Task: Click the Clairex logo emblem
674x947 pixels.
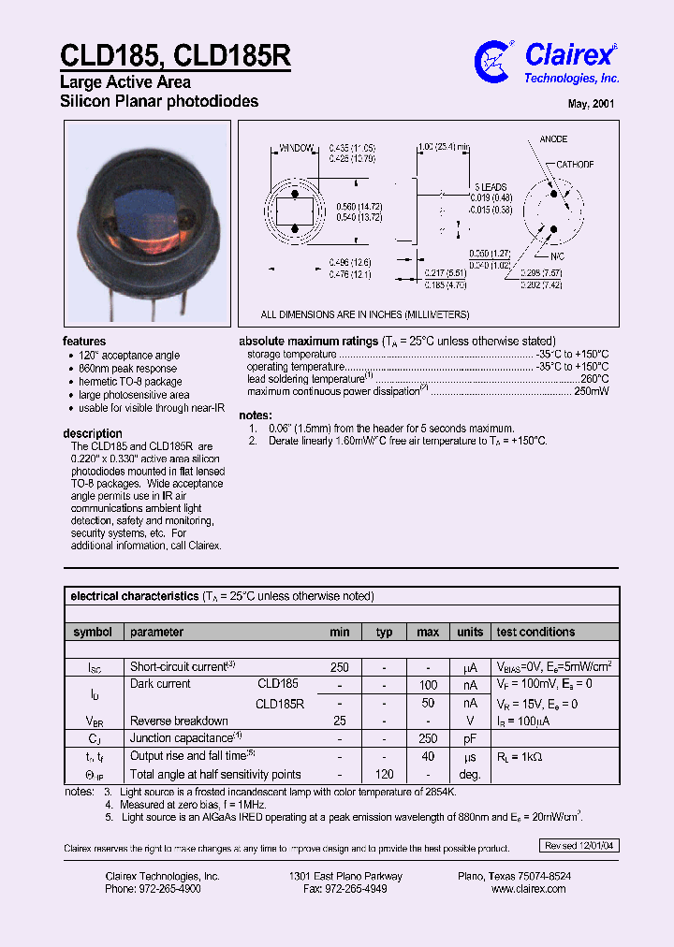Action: (494, 61)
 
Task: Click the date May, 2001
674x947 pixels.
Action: (592, 104)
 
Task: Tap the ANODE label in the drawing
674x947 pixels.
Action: (553, 139)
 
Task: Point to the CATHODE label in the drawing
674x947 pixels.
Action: (575, 165)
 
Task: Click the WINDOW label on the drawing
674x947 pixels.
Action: (296, 149)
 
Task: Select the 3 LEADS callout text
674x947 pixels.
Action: (491, 187)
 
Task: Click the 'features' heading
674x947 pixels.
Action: (84, 342)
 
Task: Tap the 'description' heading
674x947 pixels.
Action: (93, 433)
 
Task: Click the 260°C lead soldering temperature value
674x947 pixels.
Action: (594, 379)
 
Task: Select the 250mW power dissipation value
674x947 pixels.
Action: (591, 391)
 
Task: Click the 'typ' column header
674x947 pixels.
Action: (384, 633)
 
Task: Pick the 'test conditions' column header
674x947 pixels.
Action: (535, 633)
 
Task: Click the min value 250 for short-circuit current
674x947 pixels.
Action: (339, 667)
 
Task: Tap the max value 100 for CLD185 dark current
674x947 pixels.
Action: (428, 685)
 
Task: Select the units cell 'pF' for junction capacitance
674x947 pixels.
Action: (470, 738)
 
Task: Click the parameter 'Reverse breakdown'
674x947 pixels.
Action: (179, 721)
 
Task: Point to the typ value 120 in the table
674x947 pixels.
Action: (384, 775)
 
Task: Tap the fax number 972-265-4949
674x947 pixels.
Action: (346, 889)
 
